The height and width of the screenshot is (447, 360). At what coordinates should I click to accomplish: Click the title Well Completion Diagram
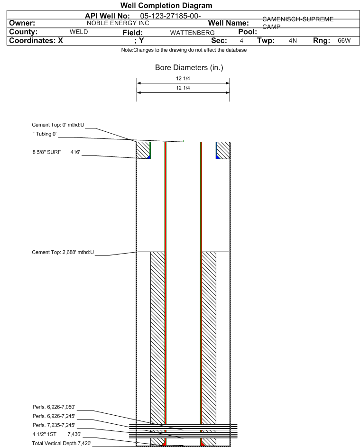click(166, 5)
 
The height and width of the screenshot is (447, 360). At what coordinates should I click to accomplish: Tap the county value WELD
click(79, 32)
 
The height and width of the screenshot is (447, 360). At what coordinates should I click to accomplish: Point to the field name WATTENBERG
click(189, 33)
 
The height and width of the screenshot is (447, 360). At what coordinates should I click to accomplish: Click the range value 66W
click(344, 41)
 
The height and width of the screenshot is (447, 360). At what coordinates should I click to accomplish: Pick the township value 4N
click(293, 41)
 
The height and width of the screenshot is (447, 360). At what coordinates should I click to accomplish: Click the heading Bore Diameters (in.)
click(189, 68)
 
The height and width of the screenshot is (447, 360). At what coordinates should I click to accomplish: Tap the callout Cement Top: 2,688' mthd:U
click(62, 252)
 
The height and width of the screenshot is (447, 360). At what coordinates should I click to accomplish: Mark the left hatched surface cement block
click(142, 150)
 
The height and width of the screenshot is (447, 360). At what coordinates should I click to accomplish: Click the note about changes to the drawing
click(184, 50)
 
